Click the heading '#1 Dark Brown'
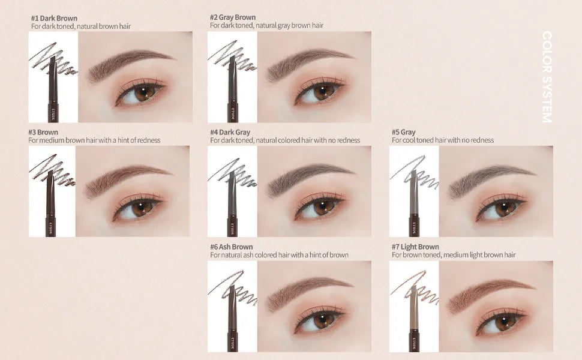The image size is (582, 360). coord(54,18)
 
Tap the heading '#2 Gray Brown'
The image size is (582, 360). coord(233,17)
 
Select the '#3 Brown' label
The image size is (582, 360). coord(43,132)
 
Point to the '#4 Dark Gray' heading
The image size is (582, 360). coord(230,132)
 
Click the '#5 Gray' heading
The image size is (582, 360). coord(404,132)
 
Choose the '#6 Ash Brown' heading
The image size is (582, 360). coord(232,247)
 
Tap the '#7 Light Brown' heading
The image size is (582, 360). coord(415,247)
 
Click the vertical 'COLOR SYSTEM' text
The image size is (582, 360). coord(546,77)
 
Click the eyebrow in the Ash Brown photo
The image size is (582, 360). coord(306,291)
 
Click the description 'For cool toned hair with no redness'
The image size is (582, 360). coord(443,140)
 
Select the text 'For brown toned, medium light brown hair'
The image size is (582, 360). coord(454,255)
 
